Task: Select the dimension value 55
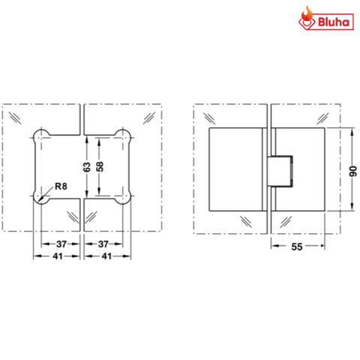(x=297, y=244)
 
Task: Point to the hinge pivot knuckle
(x=279, y=170)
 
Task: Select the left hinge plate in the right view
(x=236, y=170)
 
